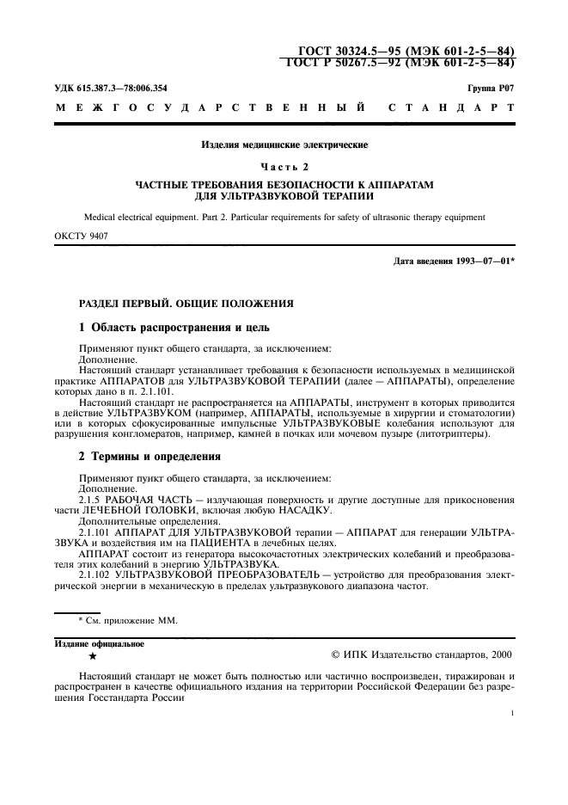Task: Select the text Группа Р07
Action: pos(491,89)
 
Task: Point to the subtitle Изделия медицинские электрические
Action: pos(284,147)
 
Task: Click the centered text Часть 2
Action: pos(284,166)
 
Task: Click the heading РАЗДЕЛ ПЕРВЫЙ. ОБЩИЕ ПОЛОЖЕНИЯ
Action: pos(186,303)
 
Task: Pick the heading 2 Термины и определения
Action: pos(150,456)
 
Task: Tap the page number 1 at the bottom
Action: pos(511,713)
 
